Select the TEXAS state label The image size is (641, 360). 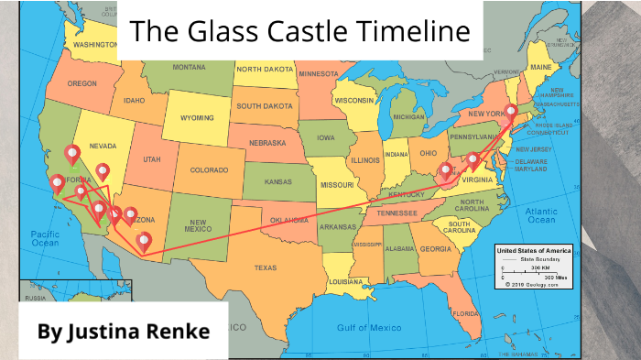[x=265, y=267]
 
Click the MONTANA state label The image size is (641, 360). [x=190, y=67]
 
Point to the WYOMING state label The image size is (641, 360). [x=197, y=118]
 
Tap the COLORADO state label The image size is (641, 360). [x=210, y=169]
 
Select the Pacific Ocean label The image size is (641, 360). [x=44, y=239]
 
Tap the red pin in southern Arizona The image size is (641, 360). [x=144, y=242]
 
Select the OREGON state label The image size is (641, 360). [x=81, y=83]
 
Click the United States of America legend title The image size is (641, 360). [x=533, y=250]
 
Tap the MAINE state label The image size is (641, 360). [x=541, y=67]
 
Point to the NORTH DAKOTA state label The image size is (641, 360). [x=266, y=69]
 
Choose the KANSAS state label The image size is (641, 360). [x=278, y=181]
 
